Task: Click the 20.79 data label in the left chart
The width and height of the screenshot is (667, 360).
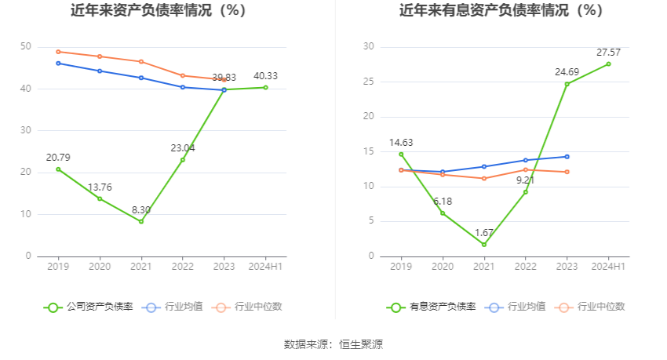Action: pos(58,158)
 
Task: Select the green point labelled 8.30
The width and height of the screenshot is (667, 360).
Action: pos(141,221)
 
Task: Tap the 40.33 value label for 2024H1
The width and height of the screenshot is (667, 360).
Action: pos(265,76)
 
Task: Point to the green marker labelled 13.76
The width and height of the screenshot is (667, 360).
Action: pos(100,198)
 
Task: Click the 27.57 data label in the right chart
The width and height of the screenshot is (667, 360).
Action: pos(608,53)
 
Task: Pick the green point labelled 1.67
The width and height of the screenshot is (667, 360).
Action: pos(484,245)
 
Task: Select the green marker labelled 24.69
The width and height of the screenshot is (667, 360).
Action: pos(567,84)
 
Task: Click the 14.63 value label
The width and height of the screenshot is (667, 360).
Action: pos(401,143)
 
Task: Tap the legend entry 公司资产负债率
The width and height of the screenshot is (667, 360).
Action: pos(89,307)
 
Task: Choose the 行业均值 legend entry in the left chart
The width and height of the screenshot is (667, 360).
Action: pos(173,307)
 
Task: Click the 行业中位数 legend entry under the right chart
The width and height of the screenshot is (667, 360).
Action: pos(590,307)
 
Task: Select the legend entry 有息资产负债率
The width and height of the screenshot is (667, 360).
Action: pos(432,307)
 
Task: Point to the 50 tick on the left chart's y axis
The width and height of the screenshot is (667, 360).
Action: pos(26,46)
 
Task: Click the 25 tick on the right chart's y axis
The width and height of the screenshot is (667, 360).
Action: pos(368,82)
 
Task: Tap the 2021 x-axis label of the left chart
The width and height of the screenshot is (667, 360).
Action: pos(140,267)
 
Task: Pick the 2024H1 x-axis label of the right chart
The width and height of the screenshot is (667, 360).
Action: pos(608,267)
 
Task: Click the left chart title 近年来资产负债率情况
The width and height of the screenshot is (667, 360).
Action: pos(141,10)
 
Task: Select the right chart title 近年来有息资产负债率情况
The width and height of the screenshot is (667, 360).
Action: pos(483,10)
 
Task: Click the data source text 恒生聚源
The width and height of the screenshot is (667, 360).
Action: pos(361,344)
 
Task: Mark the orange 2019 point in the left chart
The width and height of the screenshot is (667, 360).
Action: pos(58,52)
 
